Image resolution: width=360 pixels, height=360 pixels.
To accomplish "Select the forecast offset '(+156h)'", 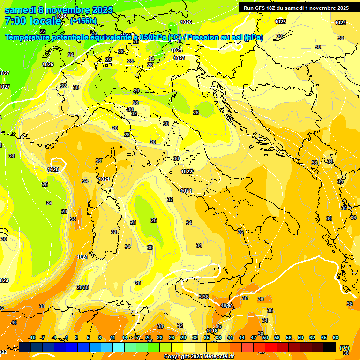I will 83,21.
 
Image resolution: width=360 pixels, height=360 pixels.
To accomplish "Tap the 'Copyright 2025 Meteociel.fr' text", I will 199,356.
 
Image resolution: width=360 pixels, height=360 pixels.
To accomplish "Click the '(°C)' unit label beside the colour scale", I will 345,348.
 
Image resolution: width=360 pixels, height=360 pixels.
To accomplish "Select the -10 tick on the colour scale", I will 32,337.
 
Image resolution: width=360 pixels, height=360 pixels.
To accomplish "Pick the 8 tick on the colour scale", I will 100,337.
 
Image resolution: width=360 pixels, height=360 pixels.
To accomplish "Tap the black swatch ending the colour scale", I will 330,347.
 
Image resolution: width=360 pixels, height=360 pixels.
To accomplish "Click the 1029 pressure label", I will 53,169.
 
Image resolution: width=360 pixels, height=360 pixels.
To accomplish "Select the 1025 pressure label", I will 280,22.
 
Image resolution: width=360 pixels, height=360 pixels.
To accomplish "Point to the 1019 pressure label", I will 212,331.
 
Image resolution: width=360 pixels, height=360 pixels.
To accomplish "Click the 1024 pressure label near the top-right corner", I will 340,22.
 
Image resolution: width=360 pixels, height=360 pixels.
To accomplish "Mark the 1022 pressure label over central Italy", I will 187,172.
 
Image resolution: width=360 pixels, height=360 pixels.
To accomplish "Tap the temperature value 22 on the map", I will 43,31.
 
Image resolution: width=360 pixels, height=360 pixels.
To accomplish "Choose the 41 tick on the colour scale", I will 230,337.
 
